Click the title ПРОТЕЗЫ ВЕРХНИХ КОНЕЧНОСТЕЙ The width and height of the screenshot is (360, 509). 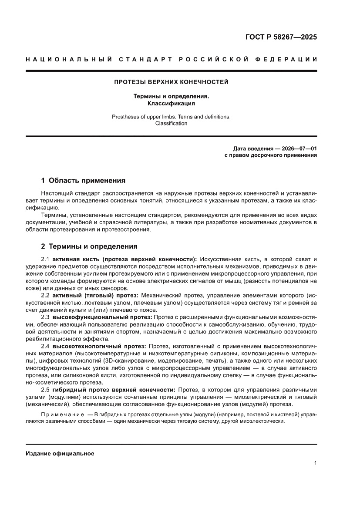click(171, 82)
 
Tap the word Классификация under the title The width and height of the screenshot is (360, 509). click(171, 104)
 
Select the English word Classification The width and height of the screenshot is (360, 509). click(171, 123)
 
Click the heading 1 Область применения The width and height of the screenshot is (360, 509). click(83, 180)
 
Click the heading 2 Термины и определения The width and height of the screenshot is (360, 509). click(89, 246)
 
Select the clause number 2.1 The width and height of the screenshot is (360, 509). click(46, 259)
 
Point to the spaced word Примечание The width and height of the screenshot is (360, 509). click(62, 415)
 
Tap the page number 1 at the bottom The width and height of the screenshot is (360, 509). click(315, 464)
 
